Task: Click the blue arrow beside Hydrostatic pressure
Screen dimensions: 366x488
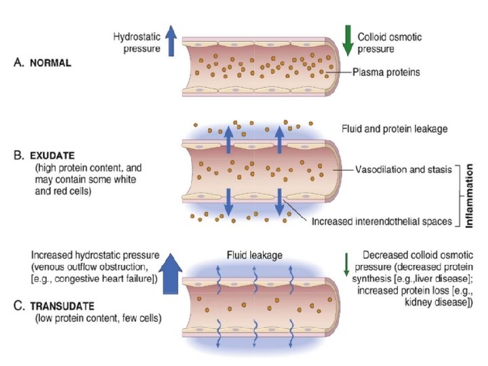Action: (x=171, y=40)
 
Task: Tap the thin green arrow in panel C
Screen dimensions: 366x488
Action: (x=346, y=262)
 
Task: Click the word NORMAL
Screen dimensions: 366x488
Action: (x=54, y=62)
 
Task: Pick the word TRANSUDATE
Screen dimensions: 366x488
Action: (x=65, y=304)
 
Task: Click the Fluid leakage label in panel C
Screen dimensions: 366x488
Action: (x=254, y=255)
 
